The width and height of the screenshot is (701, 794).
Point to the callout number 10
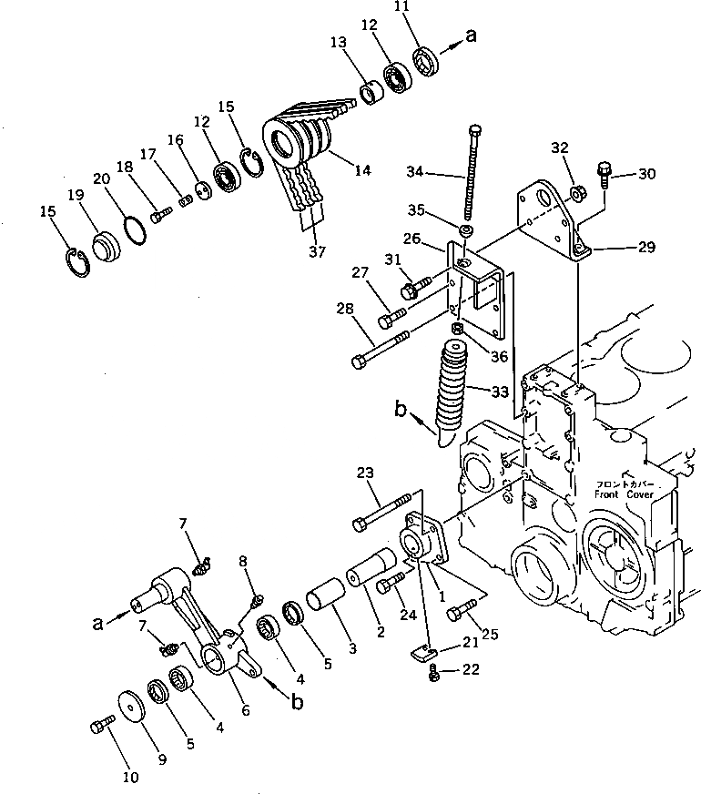(131, 777)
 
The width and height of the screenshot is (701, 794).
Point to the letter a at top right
(470, 36)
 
